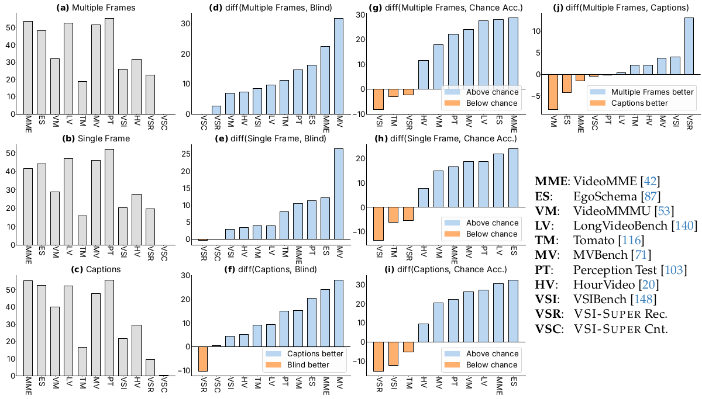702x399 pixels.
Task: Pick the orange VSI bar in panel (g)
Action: click(x=378, y=99)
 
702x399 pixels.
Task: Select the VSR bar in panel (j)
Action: click(x=689, y=46)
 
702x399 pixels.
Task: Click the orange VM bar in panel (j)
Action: click(x=553, y=92)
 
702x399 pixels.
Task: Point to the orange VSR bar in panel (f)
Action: click(x=203, y=359)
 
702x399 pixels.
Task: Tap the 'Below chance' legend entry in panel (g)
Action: click(x=491, y=103)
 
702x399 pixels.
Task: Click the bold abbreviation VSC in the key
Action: click(x=548, y=329)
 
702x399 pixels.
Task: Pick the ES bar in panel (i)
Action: click(x=513, y=311)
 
